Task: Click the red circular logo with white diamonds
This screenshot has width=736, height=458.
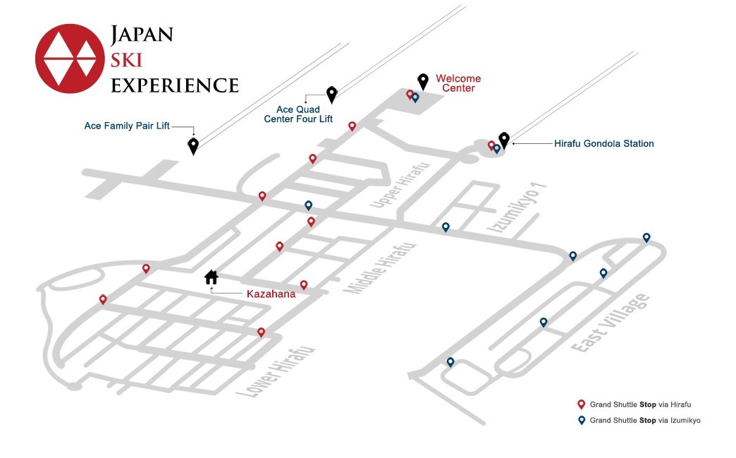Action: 70,59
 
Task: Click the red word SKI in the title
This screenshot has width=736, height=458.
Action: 126,60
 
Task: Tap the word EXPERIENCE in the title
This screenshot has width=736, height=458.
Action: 175,85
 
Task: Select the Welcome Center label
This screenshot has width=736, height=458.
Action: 458,83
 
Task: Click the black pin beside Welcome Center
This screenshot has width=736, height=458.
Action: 423,82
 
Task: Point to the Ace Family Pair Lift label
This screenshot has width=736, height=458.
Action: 127,126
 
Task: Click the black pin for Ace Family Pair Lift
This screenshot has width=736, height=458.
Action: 193,146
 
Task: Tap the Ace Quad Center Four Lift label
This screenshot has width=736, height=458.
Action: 298,114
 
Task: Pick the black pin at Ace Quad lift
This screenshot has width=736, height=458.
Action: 332,95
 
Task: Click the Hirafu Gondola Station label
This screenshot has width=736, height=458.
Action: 603,144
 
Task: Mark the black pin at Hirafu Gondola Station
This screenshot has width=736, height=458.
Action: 504,140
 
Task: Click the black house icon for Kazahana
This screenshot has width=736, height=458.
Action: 211,277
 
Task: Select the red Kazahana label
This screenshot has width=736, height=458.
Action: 271,294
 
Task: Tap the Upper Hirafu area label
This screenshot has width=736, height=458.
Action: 400,185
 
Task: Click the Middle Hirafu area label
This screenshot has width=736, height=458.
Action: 380,268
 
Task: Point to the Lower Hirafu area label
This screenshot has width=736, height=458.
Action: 275,372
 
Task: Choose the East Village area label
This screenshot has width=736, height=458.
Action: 611,323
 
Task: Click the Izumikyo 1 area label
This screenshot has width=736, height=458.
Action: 517,207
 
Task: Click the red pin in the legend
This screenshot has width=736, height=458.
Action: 581,404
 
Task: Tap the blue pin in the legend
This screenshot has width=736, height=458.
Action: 582,421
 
